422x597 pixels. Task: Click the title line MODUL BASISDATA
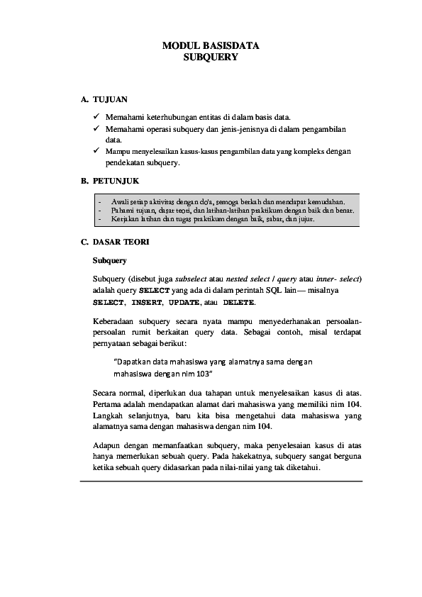pyautogui.click(x=211, y=46)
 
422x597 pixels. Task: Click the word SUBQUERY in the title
pyautogui.click(x=211, y=57)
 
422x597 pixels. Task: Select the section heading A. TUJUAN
pyautogui.click(x=104, y=100)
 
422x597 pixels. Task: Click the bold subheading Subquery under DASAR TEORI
pyautogui.click(x=110, y=260)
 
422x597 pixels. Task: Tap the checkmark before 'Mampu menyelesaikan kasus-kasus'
pyautogui.click(x=96, y=151)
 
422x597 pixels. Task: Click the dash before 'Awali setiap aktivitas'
pyautogui.click(x=99, y=202)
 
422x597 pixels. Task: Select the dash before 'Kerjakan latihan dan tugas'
pyautogui.click(x=99, y=219)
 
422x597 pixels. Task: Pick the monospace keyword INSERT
pyautogui.click(x=146, y=302)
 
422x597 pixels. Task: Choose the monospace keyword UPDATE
pyautogui.click(x=183, y=302)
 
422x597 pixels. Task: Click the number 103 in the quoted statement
pyautogui.click(x=204, y=373)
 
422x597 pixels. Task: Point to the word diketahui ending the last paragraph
pyautogui.click(x=303, y=469)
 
